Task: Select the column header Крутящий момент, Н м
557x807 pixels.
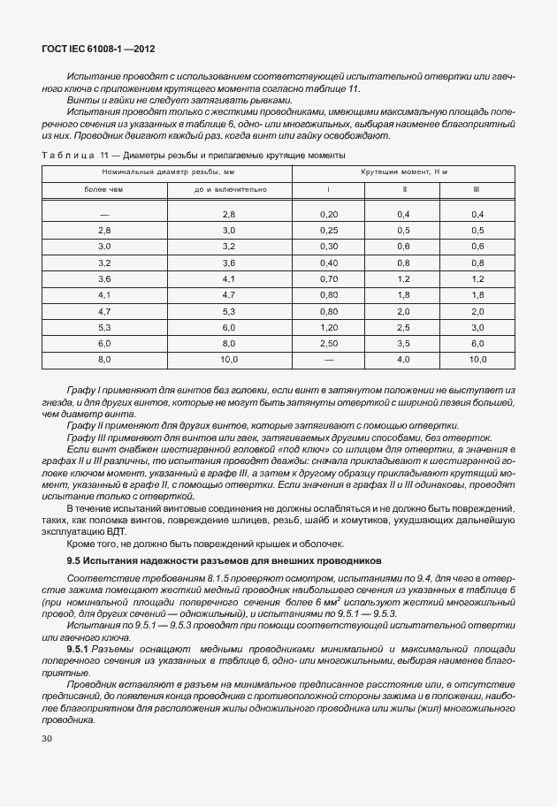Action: point(404,171)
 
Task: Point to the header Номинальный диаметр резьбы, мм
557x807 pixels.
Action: point(166,171)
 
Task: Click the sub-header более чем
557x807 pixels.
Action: point(103,188)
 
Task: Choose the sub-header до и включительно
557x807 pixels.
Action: point(228,188)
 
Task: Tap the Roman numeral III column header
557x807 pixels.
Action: point(477,188)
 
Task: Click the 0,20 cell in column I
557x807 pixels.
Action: point(328,215)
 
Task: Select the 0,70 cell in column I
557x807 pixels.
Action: point(328,278)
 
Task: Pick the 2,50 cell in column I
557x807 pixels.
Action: point(328,342)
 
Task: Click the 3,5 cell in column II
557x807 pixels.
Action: point(403,342)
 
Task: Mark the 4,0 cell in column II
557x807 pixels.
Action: point(403,359)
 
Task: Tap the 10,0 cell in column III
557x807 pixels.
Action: point(477,359)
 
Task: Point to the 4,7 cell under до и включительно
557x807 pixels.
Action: point(228,294)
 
